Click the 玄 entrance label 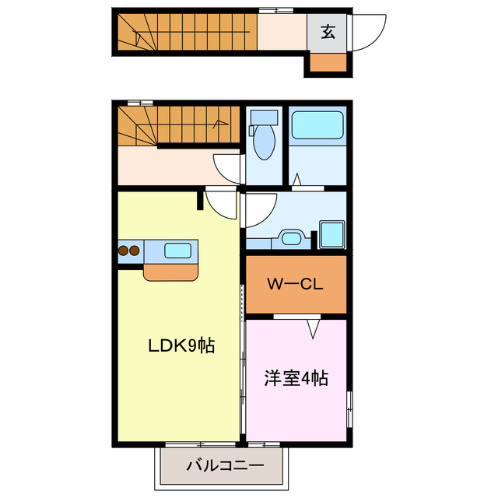click(x=328, y=33)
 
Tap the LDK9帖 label click(x=181, y=345)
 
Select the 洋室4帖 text click(x=296, y=379)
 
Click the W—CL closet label click(x=295, y=285)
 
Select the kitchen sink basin click(x=179, y=251)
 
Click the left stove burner click(x=124, y=251)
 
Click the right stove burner click(x=135, y=251)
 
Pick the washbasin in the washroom click(x=291, y=237)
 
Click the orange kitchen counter click(x=171, y=271)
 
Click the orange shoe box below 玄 click(x=327, y=63)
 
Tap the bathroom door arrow click(x=296, y=181)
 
